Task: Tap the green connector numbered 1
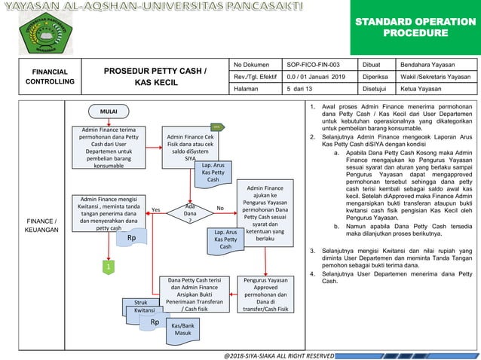(108, 267)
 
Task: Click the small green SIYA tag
(216, 127)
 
